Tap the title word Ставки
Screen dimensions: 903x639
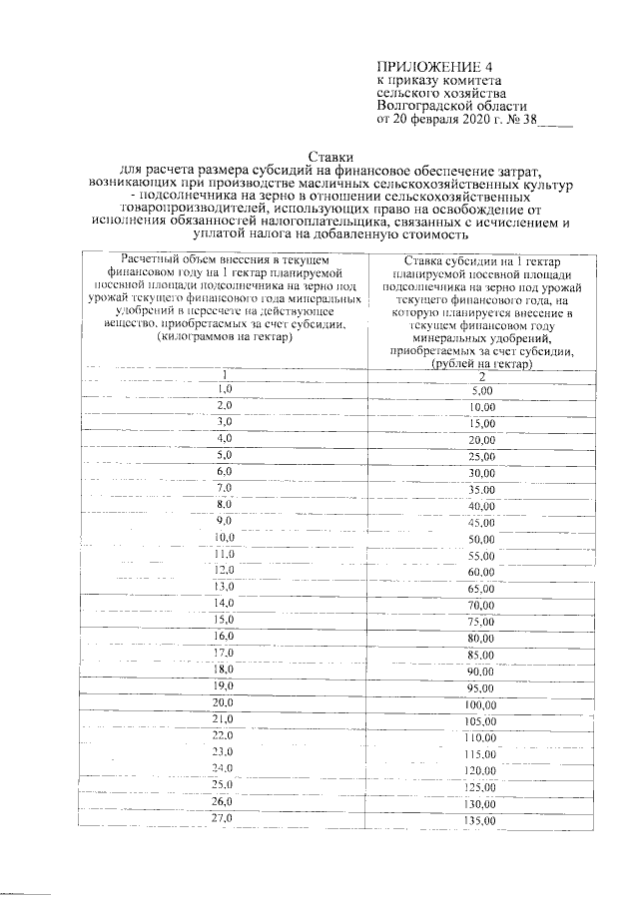329,157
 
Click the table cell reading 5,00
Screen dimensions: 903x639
482,392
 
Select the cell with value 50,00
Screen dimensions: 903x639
482,540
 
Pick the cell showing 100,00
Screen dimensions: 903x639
482,705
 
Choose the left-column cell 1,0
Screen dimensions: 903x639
225,387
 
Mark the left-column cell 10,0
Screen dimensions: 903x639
223,537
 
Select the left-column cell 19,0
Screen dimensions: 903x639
223,685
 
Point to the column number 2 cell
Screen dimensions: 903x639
482,376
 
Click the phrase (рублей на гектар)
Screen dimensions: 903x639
482,364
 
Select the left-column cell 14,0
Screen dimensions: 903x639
223,603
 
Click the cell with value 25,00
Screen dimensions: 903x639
482,457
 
